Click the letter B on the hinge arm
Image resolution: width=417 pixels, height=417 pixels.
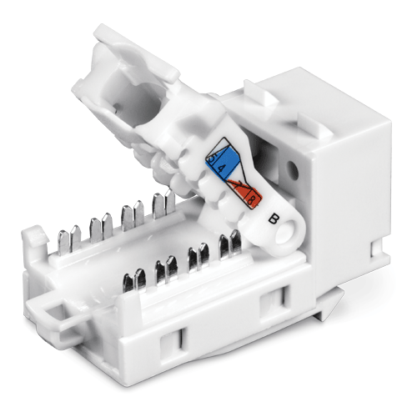pyautogui.click(x=274, y=219)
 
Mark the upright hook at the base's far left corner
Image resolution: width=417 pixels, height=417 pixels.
pyautogui.click(x=31, y=241)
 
